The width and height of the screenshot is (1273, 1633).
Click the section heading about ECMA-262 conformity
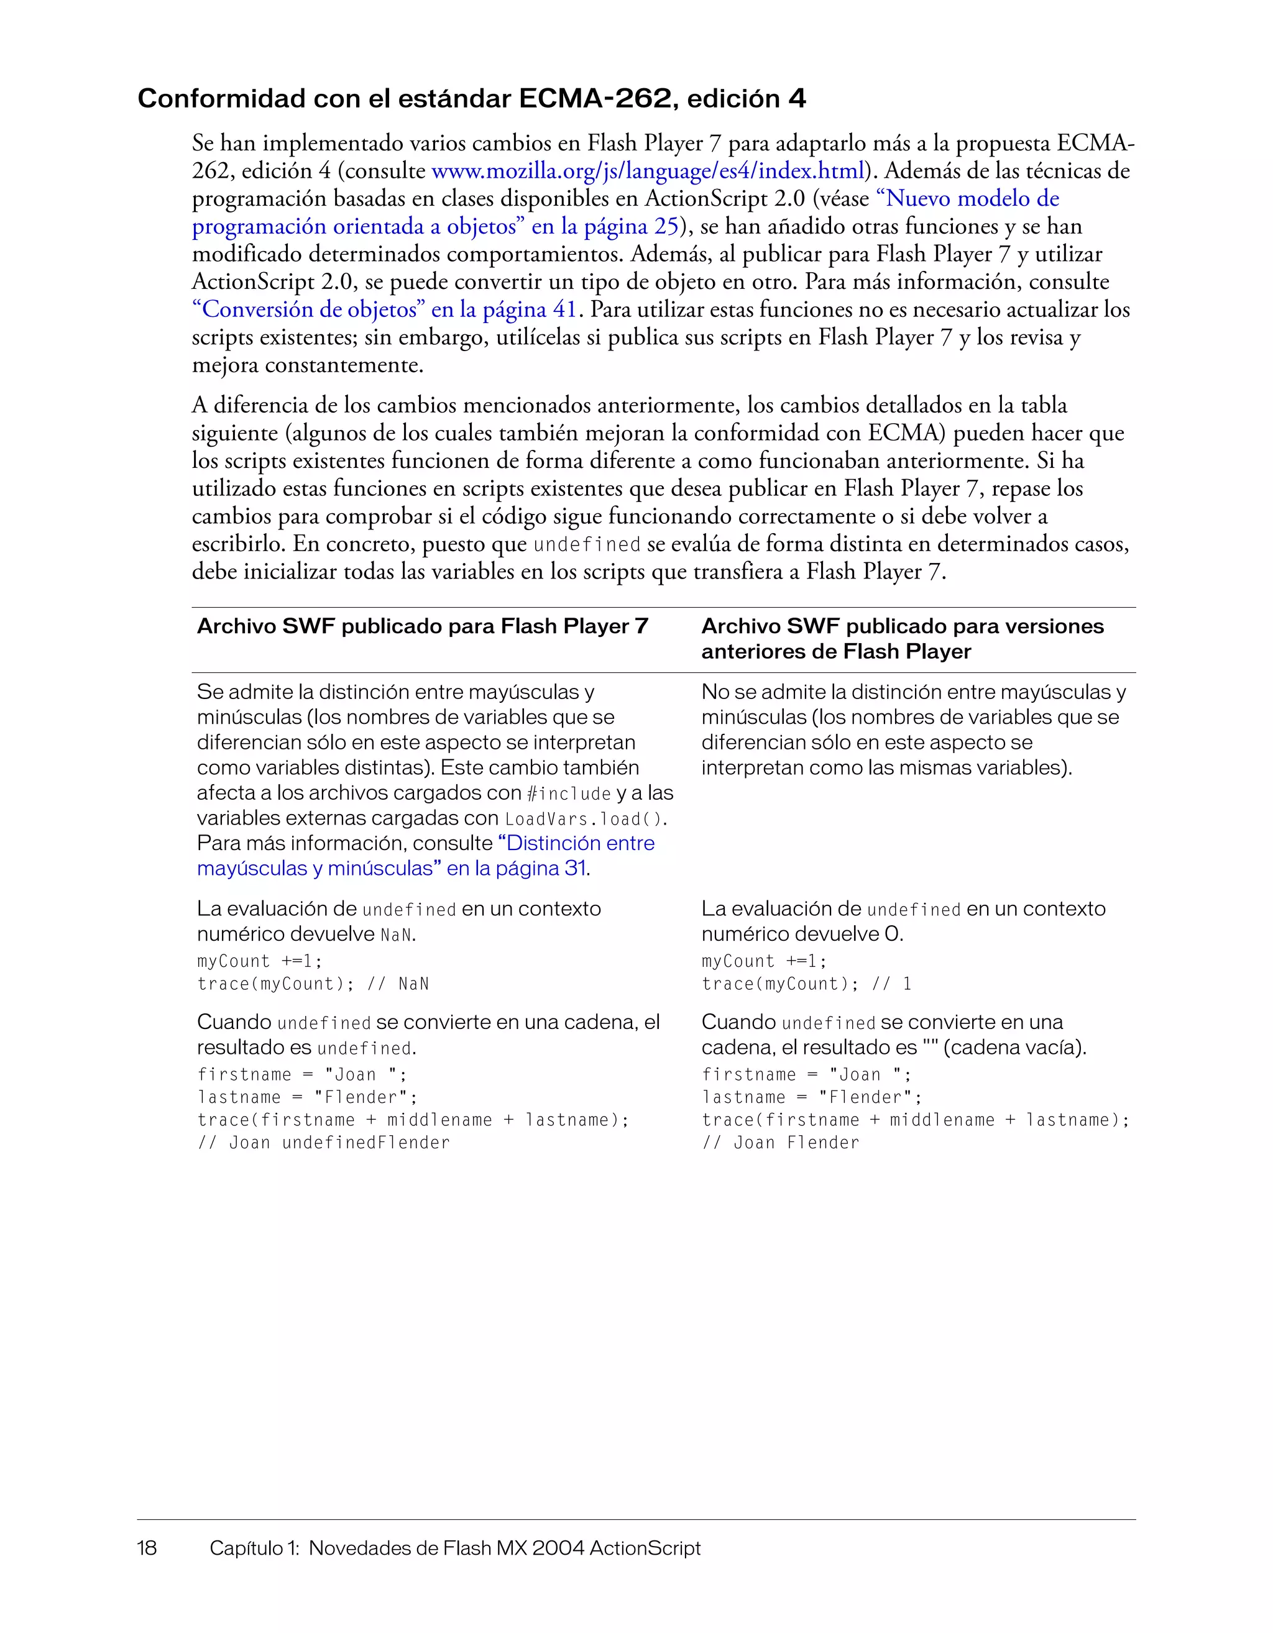click(x=471, y=99)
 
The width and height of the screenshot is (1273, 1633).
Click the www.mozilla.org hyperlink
click(x=648, y=172)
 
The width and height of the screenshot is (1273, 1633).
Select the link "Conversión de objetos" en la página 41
click(x=384, y=309)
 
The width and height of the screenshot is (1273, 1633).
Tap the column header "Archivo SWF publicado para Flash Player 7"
click(x=423, y=626)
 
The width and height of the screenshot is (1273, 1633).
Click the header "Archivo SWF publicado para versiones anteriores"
click(x=902, y=639)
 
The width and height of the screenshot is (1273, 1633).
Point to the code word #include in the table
click(x=569, y=794)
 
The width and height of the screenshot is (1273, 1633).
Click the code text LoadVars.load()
click(x=585, y=819)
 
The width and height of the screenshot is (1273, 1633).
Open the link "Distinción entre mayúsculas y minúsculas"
click(x=426, y=856)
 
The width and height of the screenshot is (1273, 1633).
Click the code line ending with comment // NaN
click(x=313, y=984)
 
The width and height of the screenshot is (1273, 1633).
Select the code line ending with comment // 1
click(x=806, y=984)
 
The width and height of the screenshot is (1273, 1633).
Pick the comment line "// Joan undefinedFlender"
click(x=323, y=1143)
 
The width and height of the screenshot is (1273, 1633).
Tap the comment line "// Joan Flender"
click(x=780, y=1143)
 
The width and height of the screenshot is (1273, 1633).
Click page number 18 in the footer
click(x=147, y=1548)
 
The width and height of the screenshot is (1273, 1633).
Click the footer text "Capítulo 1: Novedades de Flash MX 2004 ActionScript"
click(x=455, y=1548)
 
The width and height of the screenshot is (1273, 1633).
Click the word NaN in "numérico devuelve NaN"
click(x=396, y=935)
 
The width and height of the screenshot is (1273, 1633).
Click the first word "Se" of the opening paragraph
click(x=203, y=143)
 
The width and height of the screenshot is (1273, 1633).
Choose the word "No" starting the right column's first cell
click(x=715, y=692)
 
